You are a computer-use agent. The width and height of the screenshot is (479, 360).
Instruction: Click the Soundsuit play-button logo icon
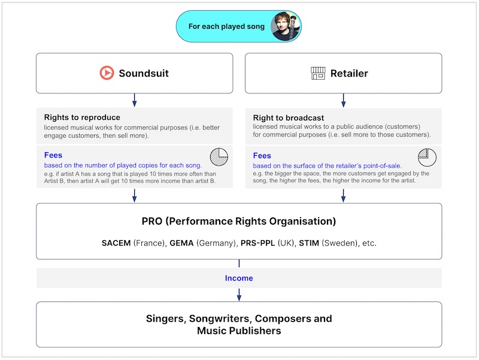pyautogui.click(x=107, y=73)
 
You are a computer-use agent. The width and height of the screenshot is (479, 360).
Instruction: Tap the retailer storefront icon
pyautogui.click(x=318, y=73)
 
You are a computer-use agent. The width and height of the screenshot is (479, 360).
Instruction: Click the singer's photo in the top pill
pyautogui.click(x=285, y=26)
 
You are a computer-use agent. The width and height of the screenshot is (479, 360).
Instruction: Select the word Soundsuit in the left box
pyautogui.click(x=144, y=74)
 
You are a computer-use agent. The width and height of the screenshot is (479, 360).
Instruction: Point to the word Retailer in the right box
pyautogui.click(x=349, y=74)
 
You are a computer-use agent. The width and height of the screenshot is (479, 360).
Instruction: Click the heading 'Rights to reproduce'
pyautogui.click(x=82, y=117)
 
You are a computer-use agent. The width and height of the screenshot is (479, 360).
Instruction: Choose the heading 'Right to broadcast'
pyautogui.click(x=289, y=118)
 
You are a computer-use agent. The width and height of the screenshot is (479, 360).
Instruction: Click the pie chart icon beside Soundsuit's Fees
pyautogui.click(x=219, y=157)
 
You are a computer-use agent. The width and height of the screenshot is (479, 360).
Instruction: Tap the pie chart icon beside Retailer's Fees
pyautogui.click(x=427, y=157)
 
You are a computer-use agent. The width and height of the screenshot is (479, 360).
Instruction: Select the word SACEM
pyautogui.click(x=116, y=244)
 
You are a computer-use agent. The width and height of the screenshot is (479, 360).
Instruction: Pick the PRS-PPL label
pyautogui.click(x=258, y=244)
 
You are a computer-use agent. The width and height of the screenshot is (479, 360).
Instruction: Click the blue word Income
pyautogui.click(x=239, y=278)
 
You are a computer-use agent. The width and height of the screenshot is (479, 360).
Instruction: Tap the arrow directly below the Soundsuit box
pyautogui.click(x=134, y=100)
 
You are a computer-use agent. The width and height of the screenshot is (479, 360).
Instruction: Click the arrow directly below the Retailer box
pyautogui.click(x=343, y=100)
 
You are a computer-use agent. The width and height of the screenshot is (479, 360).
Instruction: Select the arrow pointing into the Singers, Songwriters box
pyautogui.click(x=239, y=294)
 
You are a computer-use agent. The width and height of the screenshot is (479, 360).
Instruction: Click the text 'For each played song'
pyautogui.click(x=226, y=26)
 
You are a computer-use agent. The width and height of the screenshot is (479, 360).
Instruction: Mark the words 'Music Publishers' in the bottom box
pyautogui.click(x=239, y=331)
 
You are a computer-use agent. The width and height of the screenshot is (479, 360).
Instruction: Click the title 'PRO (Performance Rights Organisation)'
pyautogui.click(x=239, y=221)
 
